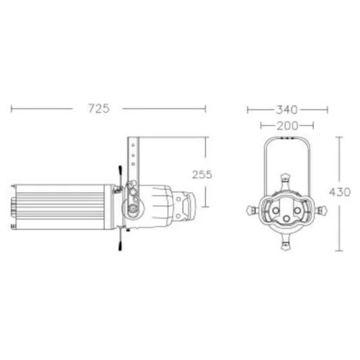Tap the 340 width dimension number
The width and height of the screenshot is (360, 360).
coord(287,110)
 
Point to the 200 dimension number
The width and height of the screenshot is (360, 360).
coord(287,125)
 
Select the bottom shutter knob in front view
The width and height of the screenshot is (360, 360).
coord(287,246)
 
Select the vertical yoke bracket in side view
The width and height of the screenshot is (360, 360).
coord(135,158)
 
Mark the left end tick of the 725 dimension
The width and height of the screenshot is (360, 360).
coord(12,109)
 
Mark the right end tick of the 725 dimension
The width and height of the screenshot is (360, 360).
coord(206,109)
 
